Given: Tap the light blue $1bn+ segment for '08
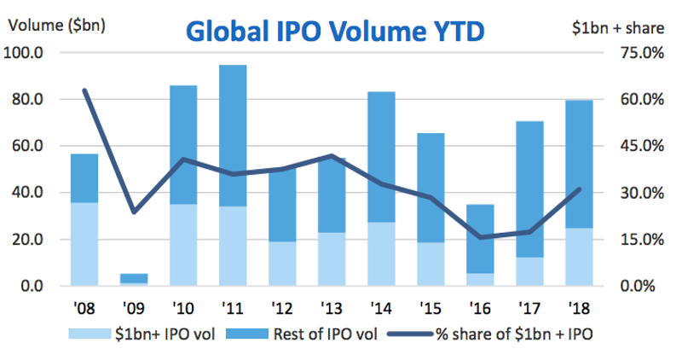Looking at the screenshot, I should coord(84,243).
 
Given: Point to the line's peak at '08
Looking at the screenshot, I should coord(84,90).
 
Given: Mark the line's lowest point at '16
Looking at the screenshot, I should coord(480,237).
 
